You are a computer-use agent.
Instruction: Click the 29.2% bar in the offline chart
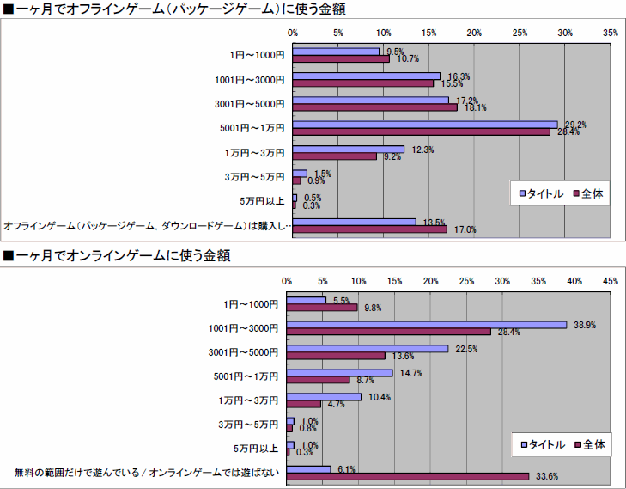425,125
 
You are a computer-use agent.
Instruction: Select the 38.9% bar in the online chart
427,324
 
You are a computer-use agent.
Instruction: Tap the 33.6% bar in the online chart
408,475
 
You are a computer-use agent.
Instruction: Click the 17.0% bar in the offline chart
370,229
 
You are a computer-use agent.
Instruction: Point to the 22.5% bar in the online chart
368,349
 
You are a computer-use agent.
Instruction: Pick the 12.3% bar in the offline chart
349,150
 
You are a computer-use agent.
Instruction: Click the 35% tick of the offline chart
611,32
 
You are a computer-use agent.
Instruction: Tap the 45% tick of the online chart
611,281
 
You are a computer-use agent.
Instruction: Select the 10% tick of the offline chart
384,32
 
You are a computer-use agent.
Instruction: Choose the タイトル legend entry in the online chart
542,444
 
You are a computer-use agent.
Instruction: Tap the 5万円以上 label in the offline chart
261,202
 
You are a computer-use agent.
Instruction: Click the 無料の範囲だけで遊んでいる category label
146,472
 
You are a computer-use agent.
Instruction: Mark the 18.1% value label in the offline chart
475,108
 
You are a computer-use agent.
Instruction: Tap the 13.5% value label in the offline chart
434,223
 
